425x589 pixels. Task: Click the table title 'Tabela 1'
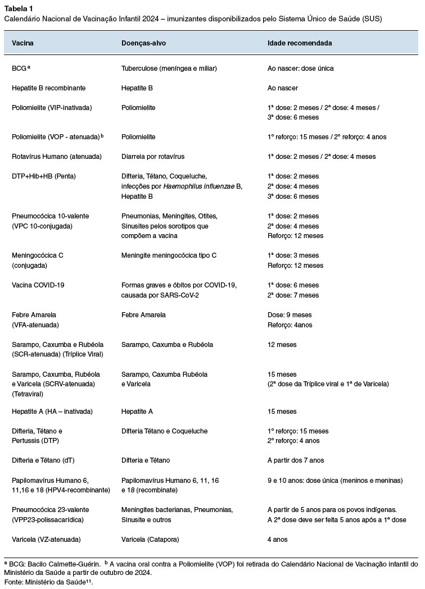pyautogui.click(x=18, y=8)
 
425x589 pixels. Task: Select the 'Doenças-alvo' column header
pyautogui.click(x=143, y=43)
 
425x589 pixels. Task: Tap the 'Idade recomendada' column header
pyautogui.click(x=299, y=43)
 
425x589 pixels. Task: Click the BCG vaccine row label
pyautogui.click(x=20, y=69)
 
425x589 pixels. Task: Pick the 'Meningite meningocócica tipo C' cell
pyautogui.click(x=169, y=255)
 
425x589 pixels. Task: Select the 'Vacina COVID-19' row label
pyautogui.click(x=38, y=285)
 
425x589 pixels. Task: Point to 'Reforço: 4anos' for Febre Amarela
pyautogui.click(x=291, y=325)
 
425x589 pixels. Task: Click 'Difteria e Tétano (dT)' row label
pyautogui.click(x=43, y=460)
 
